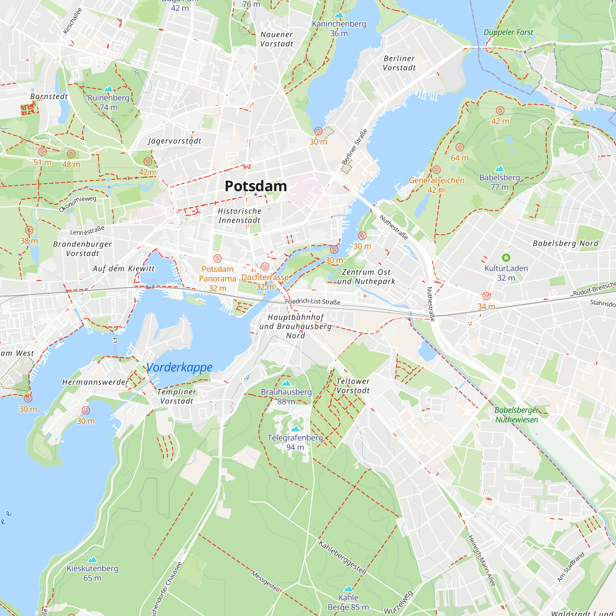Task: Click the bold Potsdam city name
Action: click(256, 186)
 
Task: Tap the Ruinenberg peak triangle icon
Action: click(109, 89)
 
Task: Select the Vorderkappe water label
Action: click(180, 367)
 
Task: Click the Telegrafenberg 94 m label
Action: click(295, 442)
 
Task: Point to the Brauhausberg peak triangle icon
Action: click(286, 383)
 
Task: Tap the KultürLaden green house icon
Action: click(506, 257)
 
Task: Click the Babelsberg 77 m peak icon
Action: click(500, 169)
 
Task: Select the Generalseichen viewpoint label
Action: click(436, 180)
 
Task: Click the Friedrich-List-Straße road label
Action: click(312, 302)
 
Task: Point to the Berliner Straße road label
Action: click(355, 147)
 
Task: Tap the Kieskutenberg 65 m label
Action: click(92, 573)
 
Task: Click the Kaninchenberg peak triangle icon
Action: click(339, 15)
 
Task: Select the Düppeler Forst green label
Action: click(508, 32)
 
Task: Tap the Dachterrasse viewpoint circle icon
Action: click(265, 266)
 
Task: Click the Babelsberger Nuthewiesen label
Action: click(517, 415)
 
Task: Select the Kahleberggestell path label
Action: click(342, 558)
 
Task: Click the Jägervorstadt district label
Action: click(174, 141)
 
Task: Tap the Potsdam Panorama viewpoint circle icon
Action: click(217, 259)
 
